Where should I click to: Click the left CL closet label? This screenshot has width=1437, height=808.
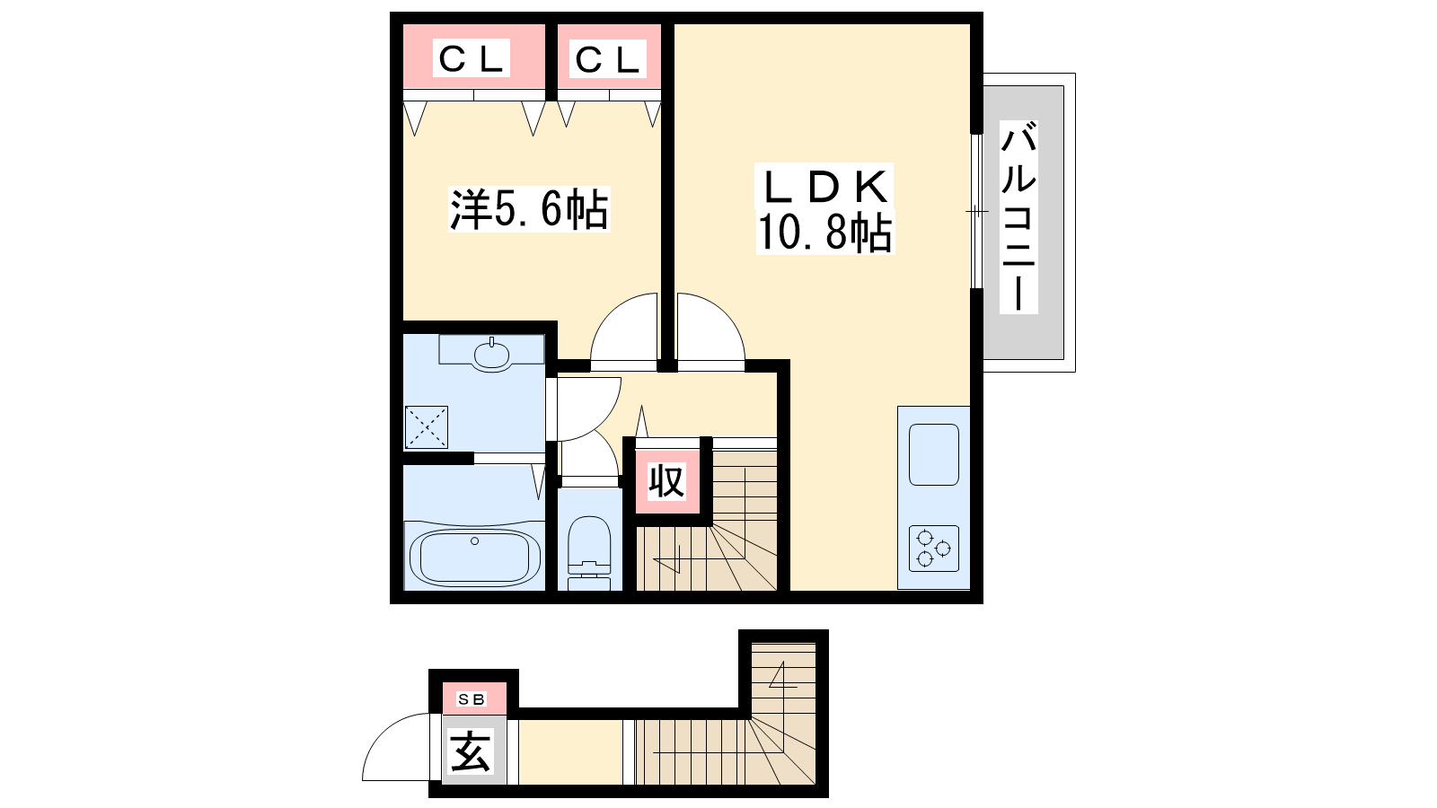point(471,59)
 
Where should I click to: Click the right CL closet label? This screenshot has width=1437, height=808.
point(607,59)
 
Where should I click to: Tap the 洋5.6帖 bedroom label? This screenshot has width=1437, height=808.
point(529,209)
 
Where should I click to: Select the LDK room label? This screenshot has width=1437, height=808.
point(825,186)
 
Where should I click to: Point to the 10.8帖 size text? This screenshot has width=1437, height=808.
point(825,233)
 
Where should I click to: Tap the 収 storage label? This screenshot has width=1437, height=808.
point(666,481)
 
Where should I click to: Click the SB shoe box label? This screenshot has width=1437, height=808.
point(472,699)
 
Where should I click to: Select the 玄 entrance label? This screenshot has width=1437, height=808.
point(471,751)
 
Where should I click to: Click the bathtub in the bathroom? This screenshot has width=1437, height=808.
point(474,557)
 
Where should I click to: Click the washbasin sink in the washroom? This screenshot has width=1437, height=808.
point(491,355)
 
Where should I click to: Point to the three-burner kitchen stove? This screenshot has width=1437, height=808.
point(933,549)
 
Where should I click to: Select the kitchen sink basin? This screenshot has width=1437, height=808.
point(933,454)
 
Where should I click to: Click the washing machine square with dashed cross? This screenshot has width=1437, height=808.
point(426,427)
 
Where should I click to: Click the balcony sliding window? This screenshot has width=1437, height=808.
point(976,211)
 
